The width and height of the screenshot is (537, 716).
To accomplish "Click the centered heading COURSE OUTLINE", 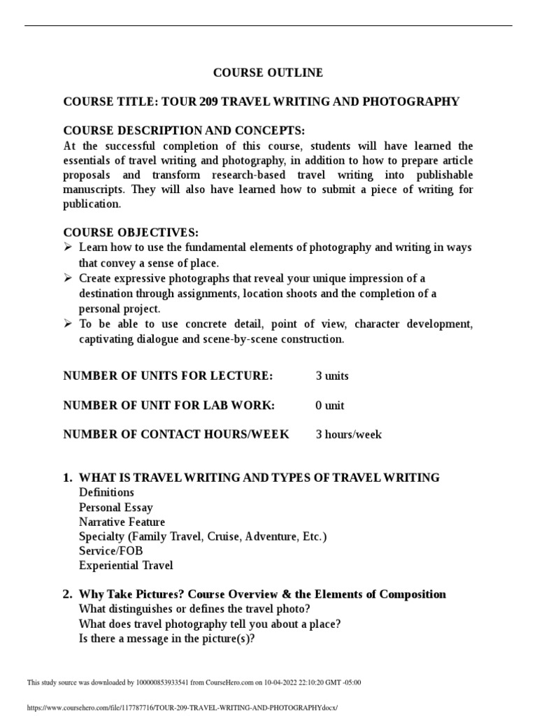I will coord(268,73).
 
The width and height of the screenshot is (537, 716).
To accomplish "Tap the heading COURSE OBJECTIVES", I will coord(131,233).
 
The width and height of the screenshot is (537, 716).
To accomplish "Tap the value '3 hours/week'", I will coord(348,435).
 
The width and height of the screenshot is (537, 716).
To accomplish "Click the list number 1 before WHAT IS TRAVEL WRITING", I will coord(67,478).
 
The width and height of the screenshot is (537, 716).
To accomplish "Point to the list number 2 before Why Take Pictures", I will coord(67,594).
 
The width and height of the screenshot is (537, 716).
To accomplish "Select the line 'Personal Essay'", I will coord(116,508).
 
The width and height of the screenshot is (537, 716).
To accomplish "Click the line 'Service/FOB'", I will coord(111,551).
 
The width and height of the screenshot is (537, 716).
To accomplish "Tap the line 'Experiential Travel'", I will coord(126,566).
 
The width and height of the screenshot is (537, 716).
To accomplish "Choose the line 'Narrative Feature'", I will coord(122,522).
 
